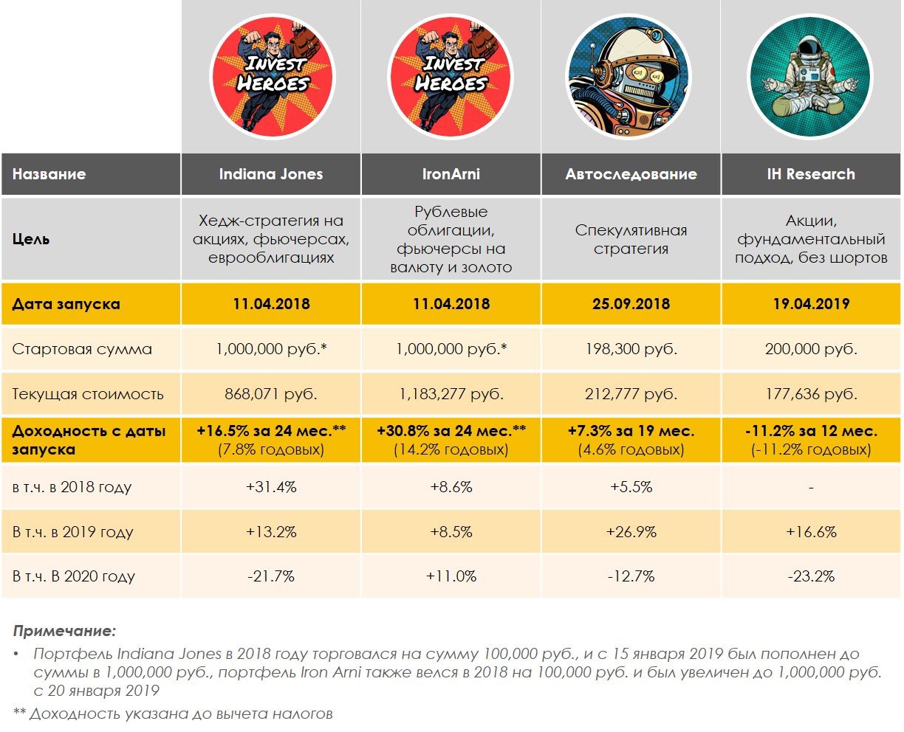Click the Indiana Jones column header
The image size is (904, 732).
pyautogui.click(x=271, y=175)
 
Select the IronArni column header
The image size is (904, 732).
pyautogui.click(x=451, y=175)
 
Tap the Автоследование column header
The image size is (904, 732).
pyautogui.click(x=631, y=175)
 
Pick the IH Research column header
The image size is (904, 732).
pyautogui.click(x=811, y=175)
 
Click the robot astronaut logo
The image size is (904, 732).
pyautogui.click(x=630, y=77)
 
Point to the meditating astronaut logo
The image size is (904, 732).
pyautogui.click(x=810, y=77)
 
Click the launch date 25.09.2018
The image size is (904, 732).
pyautogui.click(x=631, y=304)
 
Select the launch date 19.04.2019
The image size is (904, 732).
pyautogui.click(x=811, y=304)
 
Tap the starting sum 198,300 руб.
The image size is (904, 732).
pyautogui.click(x=631, y=349)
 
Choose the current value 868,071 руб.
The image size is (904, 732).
pyautogui.click(x=271, y=394)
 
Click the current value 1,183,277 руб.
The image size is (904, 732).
pyautogui.click(x=451, y=394)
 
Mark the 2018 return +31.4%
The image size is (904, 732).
pyautogui.click(x=271, y=487)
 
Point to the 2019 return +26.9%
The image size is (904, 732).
pyautogui.click(x=631, y=532)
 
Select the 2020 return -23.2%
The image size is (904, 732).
pyautogui.click(x=811, y=576)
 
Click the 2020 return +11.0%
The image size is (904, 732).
pyautogui.click(x=451, y=576)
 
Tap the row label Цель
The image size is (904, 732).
pyautogui.click(x=31, y=240)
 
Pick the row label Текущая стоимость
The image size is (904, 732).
pyautogui.click(x=88, y=394)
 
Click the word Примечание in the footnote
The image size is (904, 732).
pyautogui.click(x=65, y=632)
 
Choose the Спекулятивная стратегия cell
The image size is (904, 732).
pyautogui.click(x=631, y=240)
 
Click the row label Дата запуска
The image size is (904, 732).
pyautogui.click(x=66, y=304)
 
